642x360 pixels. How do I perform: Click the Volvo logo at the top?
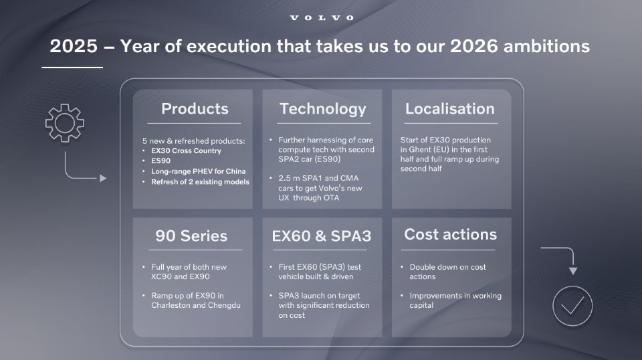(x=322, y=17)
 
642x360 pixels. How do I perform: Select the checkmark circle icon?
(x=572, y=306)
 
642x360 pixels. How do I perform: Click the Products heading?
(x=195, y=108)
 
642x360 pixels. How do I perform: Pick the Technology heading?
(x=322, y=109)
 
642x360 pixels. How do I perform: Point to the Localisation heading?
(x=450, y=108)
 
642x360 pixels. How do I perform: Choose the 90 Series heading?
(x=191, y=236)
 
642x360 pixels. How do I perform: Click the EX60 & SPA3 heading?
(x=322, y=236)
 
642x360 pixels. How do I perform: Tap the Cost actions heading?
(x=450, y=234)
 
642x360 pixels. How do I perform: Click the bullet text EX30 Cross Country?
(x=186, y=151)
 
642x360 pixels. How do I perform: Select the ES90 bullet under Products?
(x=160, y=161)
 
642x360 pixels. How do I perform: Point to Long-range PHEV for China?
(x=198, y=171)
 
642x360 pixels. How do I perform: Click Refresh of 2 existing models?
(x=200, y=182)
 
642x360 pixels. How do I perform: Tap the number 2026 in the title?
(x=474, y=46)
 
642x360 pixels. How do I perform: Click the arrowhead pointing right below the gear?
(x=103, y=178)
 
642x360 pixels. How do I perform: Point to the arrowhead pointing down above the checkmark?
(x=573, y=271)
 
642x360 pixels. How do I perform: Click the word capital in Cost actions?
(x=421, y=306)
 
